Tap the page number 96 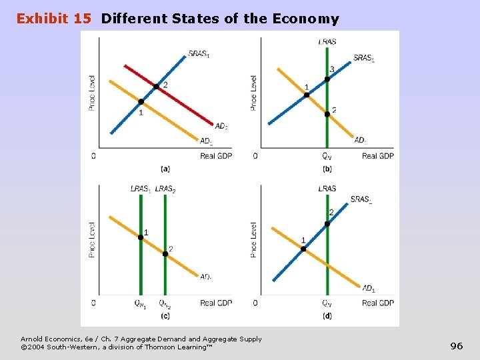click(457, 345)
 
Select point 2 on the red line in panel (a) click(156, 86)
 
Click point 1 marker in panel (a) click(141, 102)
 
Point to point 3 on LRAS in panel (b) click(327, 79)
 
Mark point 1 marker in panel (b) click(307, 95)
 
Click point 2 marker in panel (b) click(327, 114)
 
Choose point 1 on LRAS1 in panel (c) click(141, 237)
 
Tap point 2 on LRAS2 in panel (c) click(165, 253)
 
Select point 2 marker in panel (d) click(327, 223)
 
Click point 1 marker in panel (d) click(303, 249)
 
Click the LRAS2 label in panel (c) click(165, 189)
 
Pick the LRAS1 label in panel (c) click(141, 189)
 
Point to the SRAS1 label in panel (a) click(199, 54)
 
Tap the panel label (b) click(327, 168)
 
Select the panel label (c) click(165, 315)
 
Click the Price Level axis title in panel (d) click(253, 240)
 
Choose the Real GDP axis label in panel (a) click(216, 156)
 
